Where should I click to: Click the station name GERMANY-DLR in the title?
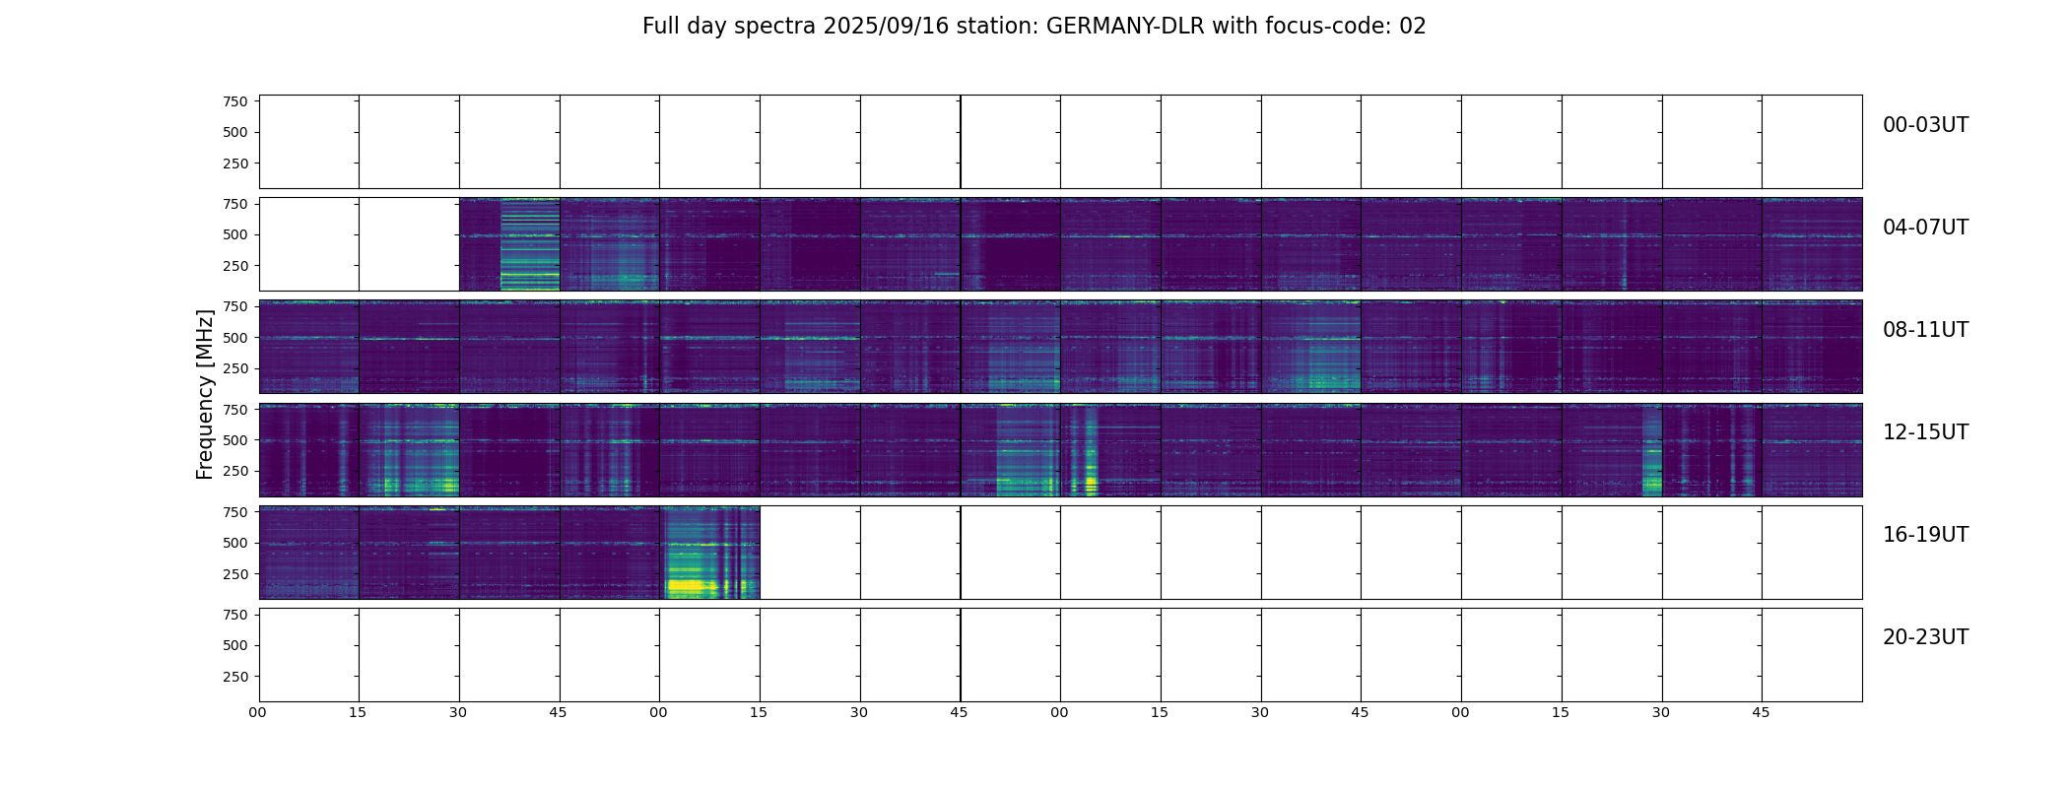(1125, 27)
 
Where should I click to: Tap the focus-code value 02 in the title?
(1413, 27)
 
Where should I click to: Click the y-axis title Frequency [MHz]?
(205, 394)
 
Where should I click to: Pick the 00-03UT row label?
(1925, 125)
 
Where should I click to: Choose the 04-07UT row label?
(1925, 228)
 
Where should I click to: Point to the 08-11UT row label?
(1925, 330)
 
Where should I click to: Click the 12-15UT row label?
(1925, 432)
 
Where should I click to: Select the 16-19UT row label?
(1925, 535)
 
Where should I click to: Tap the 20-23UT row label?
(1925, 637)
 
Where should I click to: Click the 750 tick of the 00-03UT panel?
(235, 101)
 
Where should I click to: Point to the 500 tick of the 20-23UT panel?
(235, 645)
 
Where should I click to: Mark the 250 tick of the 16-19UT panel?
(235, 574)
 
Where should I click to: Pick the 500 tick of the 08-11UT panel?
(235, 338)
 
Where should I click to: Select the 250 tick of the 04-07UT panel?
(235, 266)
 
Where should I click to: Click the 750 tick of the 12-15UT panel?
(235, 409)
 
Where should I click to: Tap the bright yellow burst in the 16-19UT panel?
(690, 586)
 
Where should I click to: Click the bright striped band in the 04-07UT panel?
(530, 244)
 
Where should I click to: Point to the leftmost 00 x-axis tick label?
(258, 712)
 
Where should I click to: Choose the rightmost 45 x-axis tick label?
(1761, 712)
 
